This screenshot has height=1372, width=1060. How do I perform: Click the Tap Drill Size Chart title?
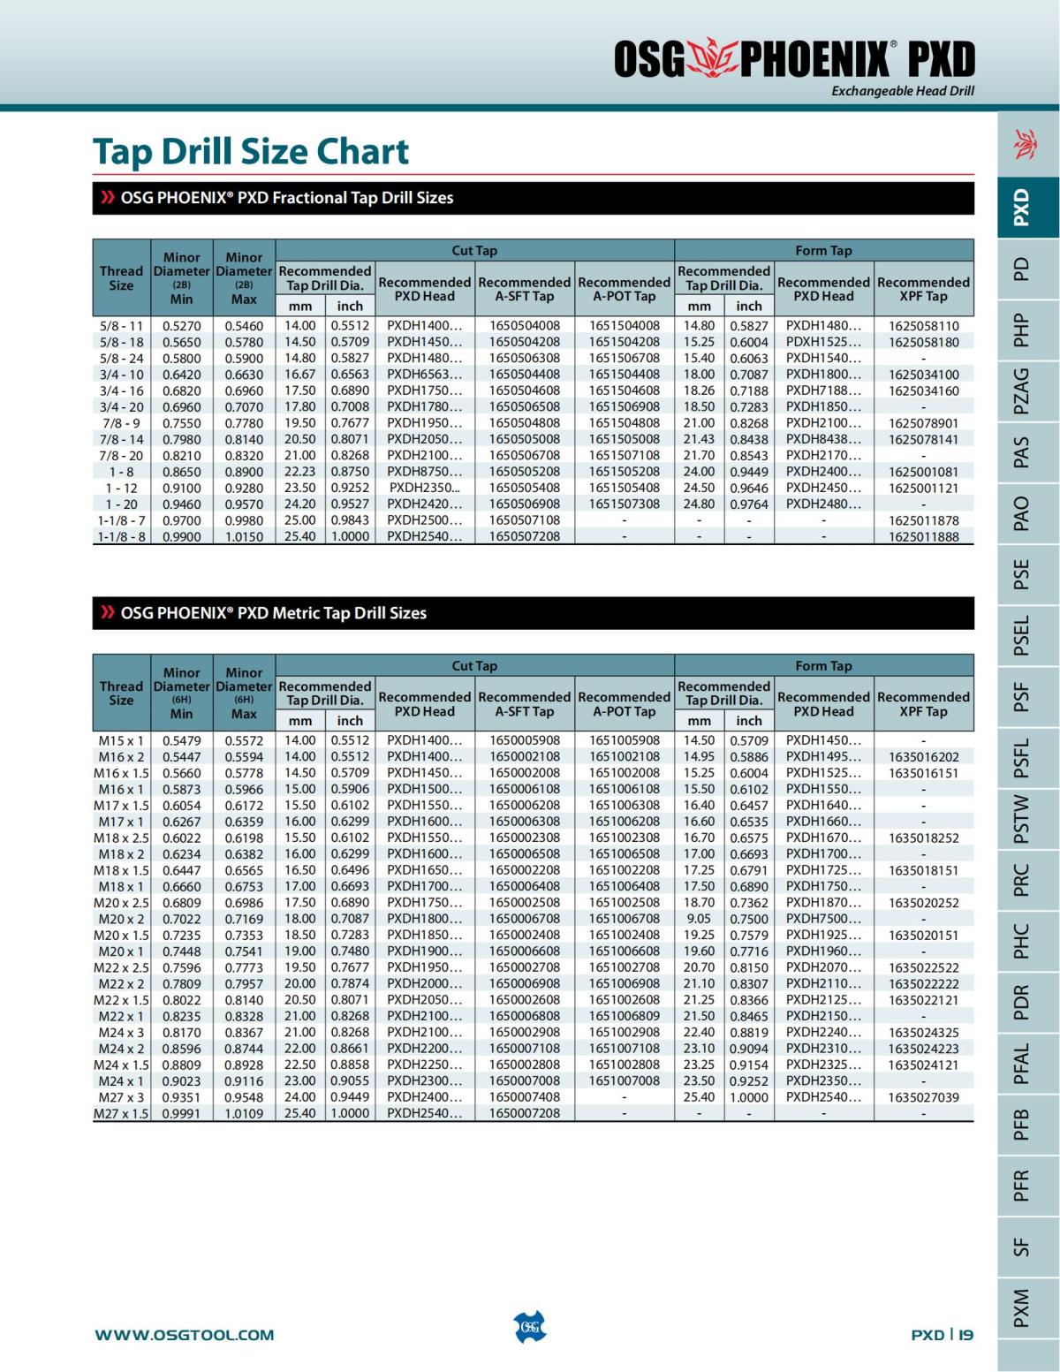[x=251, y=151]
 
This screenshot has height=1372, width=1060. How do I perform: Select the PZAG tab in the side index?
[x=1021, y=390]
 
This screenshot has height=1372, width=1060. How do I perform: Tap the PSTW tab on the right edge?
[x=1021, y=819]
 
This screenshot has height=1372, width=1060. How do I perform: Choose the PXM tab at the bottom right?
[x=1021, y=1308]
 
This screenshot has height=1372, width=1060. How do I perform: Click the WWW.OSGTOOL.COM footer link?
[x=185, y=1335]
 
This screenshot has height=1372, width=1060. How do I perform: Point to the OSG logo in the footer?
[x=529, y=1327]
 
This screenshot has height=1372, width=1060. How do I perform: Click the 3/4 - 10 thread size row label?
[x=121, y=375]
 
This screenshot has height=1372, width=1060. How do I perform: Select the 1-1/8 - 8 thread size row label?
[x=121, y=536]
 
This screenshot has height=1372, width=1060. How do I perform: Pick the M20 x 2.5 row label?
[x=121, y=903]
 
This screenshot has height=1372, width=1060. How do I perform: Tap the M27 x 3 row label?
[x=121, y=1097]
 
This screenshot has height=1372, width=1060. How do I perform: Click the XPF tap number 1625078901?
[x=923, y=423]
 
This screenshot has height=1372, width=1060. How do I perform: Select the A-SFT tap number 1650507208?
[x=525, y=536]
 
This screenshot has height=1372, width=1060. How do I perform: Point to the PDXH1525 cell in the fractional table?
[x=823, y=342]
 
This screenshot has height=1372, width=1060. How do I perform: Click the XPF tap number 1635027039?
[x=923, y=1097]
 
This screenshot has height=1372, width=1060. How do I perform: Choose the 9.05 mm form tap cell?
[x=700, y=919]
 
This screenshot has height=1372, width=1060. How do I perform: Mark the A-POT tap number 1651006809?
[x=625, y=1016]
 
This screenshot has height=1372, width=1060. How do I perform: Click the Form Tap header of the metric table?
[x=823, y=666]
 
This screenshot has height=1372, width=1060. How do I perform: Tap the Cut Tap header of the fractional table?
[x=474, y=251]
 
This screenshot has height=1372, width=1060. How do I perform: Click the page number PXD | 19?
[x=942, y=1335]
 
